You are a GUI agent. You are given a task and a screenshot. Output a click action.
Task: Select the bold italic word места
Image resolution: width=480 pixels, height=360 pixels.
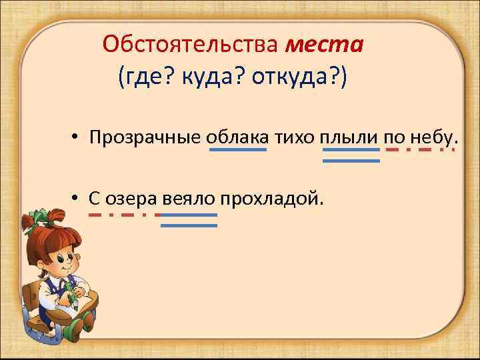[x=324, y=46]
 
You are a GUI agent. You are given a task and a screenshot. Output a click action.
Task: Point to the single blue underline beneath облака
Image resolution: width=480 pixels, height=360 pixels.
[x=238, y=150]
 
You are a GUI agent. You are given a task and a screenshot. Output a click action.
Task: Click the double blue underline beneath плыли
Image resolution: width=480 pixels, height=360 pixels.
[x=351, y=155]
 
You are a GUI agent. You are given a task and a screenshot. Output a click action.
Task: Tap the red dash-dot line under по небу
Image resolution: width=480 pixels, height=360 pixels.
[x=421, y=150]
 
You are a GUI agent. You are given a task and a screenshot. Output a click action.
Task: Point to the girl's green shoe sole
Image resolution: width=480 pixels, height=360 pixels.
[x=75, y=327]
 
